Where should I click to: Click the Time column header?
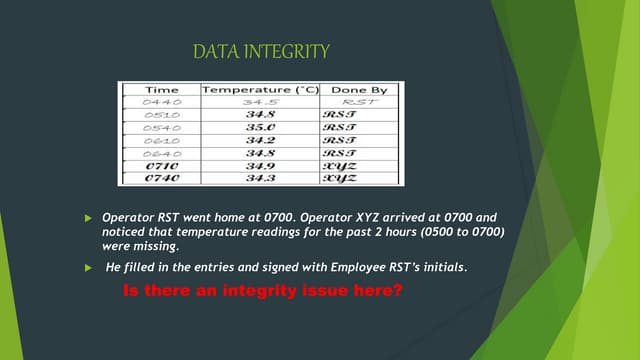click(x=162, y=90)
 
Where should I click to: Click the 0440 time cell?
click(x=161, y=102)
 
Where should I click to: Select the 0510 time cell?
click(x=161, y=115)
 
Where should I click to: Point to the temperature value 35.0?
click(x=260, y=128)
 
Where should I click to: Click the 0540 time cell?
click(x=161, y=128)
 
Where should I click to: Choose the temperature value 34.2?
click(x=260, y=141)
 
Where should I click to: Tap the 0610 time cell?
click(x=161, y=141)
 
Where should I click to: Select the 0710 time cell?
click(x=161, y=166)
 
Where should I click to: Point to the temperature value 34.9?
click(x=260, y=166)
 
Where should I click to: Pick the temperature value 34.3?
click(x=260, y=178)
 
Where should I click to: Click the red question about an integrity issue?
click(x=262, y=291)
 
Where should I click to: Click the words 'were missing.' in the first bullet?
click(x=142, y=246)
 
